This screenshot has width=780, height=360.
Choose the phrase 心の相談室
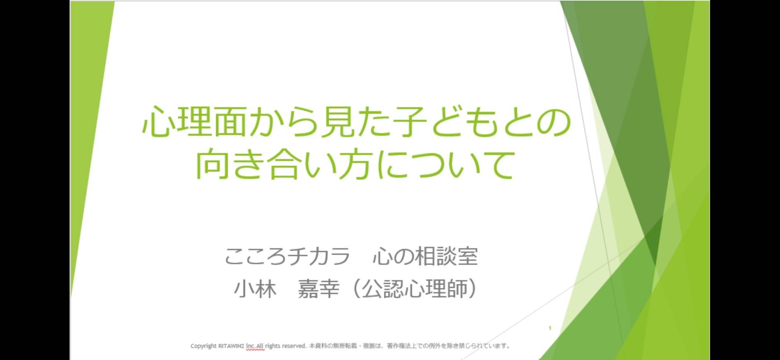pos(426,256)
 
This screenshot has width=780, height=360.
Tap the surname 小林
pos(255,289)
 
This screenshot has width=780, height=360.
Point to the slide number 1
pos(550,328)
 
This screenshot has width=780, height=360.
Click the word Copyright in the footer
pos(203,346)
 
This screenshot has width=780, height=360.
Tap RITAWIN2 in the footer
pos(231,346)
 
